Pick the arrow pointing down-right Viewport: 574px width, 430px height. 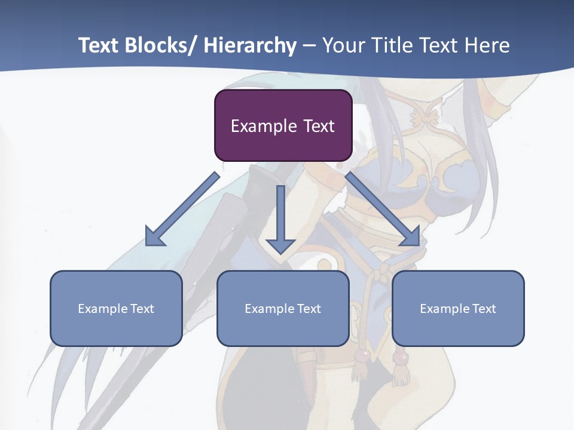(383, 209)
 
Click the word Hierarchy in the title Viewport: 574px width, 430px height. (250, 45)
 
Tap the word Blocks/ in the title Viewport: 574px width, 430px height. (160, 45)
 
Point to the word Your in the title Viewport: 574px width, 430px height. (342, 45)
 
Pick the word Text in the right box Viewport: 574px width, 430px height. (484, 309)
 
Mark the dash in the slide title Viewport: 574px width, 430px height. (309, 45)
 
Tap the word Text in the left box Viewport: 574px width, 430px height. (142, 309)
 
